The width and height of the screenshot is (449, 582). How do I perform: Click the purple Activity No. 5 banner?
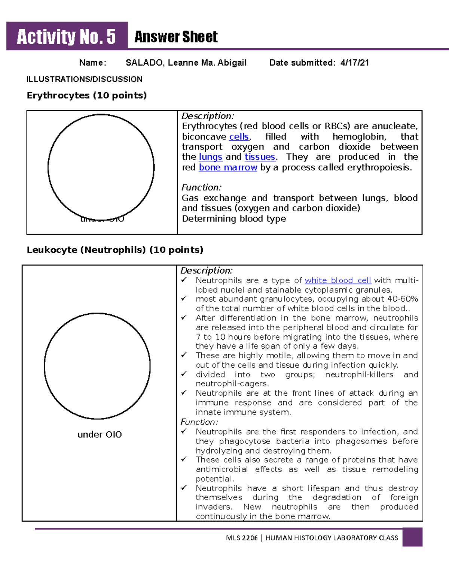(67, 37)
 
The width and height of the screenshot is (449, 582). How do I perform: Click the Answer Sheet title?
(176, 37)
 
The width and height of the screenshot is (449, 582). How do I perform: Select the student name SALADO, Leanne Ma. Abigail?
(186, 63)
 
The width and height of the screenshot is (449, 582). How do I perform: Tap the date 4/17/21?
(354, 63)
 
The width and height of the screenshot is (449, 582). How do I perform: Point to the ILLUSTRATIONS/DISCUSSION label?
(84, 79)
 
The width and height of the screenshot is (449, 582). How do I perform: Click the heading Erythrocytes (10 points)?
(86, 95)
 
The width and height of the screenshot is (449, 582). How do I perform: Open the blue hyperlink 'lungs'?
(210, 157)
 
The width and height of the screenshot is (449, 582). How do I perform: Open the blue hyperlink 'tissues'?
(260, 157)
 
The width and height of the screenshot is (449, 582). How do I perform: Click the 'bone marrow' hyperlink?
(228, 168)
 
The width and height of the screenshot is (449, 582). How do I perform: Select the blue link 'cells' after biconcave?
(239, 137)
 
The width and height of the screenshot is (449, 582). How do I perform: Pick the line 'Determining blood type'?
(234, 219)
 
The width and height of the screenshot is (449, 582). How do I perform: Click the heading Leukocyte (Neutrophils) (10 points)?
(115, 250)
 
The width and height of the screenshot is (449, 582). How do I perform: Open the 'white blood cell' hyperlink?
(337, 280)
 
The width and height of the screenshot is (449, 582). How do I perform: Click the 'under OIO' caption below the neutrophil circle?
(100, 434)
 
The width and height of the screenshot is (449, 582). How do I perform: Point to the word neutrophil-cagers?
(232, 384)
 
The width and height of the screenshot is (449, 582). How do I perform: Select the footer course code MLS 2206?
(242, 538)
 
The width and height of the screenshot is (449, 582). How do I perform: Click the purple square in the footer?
(412, 537)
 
